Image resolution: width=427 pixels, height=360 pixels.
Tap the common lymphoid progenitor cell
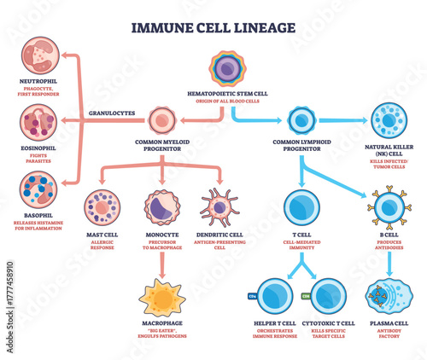coord(301,120)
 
